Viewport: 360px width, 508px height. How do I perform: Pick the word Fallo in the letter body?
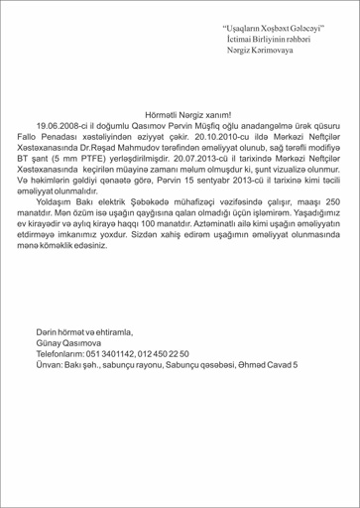[46, 140]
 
